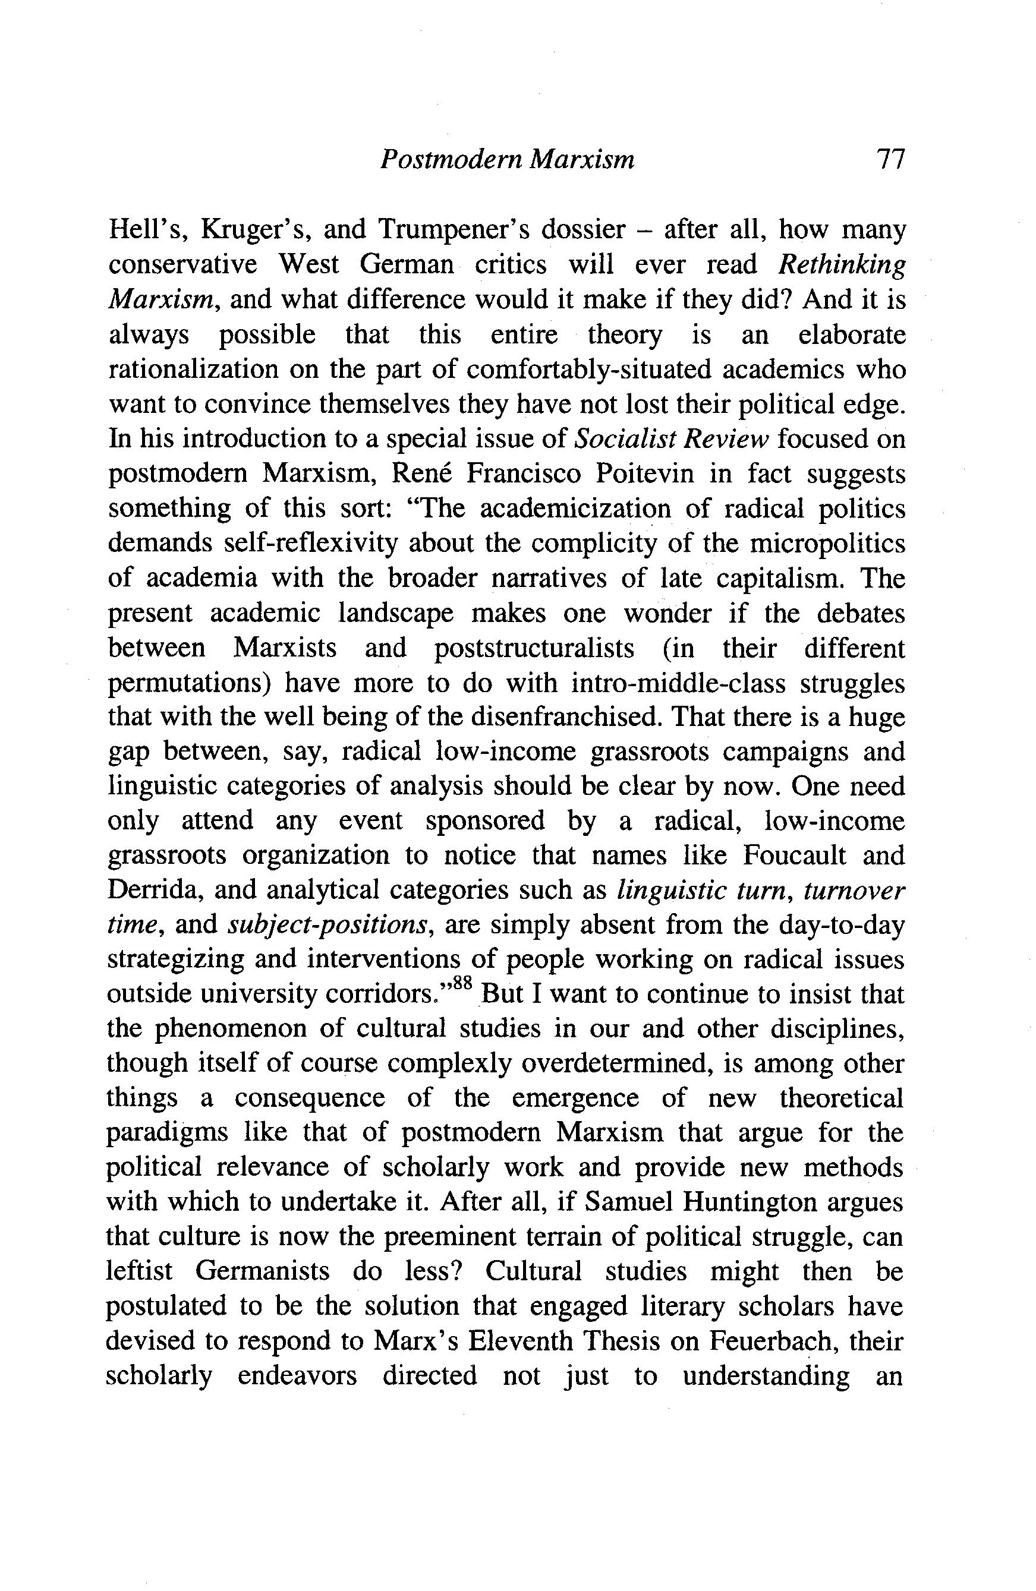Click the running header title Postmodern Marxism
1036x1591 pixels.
pos(507,160)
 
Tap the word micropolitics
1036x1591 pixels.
pos(827,544)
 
